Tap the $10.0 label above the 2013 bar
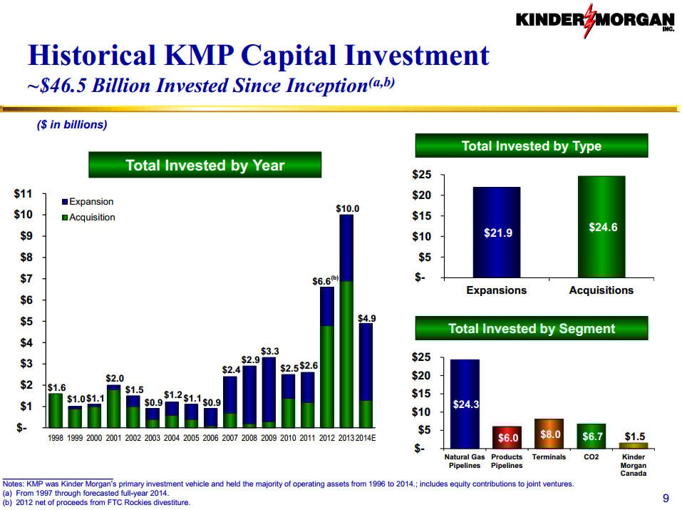pos(347,208)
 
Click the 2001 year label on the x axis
pos(113,438)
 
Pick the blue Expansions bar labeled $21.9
pos(496,232)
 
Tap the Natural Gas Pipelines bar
pos(465,403)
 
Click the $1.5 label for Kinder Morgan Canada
pos(635,436)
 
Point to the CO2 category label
pos(591,457)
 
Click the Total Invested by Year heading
pos(205,165)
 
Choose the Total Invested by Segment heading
pos(531,329)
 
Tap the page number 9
pos(666,498)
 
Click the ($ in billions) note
pos(71,124)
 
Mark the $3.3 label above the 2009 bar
pos(269,351)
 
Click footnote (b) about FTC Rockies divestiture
pos(97,502)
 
